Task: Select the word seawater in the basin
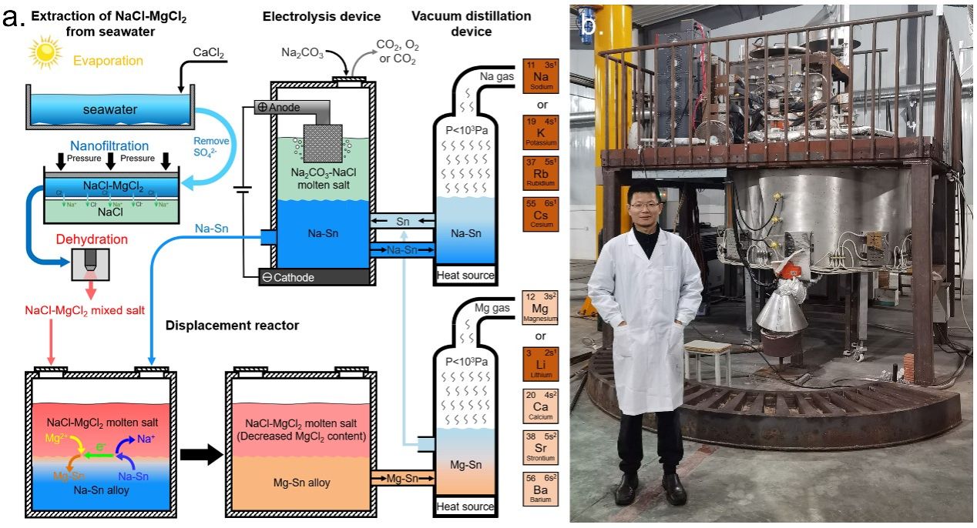click(x=110, y=110)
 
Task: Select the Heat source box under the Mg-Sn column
click(x=465, y=506)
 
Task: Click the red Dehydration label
click(x=91, y=239)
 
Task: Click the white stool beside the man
click(x=707, y=358)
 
